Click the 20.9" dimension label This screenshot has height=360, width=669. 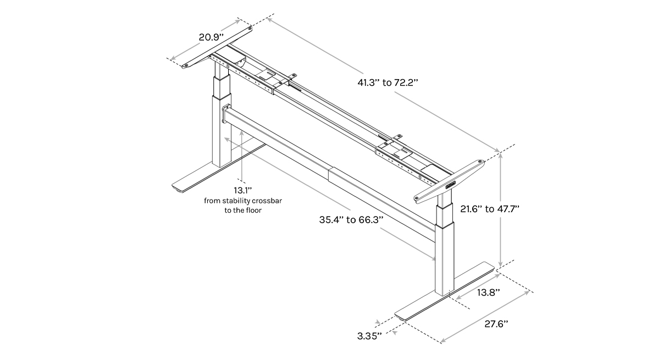(211, 37)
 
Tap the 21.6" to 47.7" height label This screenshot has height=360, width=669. (489, 209)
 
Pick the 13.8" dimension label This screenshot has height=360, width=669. (488, 292)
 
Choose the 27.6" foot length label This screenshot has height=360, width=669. (496, 324)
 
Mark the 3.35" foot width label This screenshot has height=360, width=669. (369, 335)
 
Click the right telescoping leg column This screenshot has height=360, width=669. (445, 247)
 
